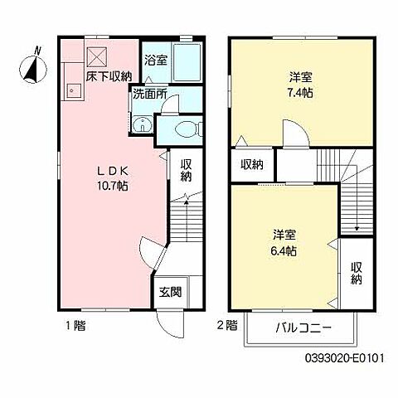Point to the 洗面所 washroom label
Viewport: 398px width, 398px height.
click(x=150, y=94)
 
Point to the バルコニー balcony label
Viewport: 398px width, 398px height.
click(x=303, y=328)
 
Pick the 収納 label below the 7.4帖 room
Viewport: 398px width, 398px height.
click(x=252, y=165)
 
